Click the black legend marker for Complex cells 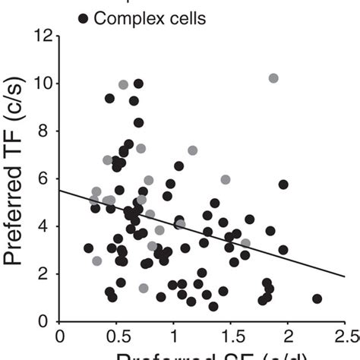82,17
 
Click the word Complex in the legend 125,17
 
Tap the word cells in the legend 182,17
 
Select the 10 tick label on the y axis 42,83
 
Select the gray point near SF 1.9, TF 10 273,78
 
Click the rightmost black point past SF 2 317,298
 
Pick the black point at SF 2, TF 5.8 283,185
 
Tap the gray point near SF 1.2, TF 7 193,150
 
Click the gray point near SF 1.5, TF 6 226,180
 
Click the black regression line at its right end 343,276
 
